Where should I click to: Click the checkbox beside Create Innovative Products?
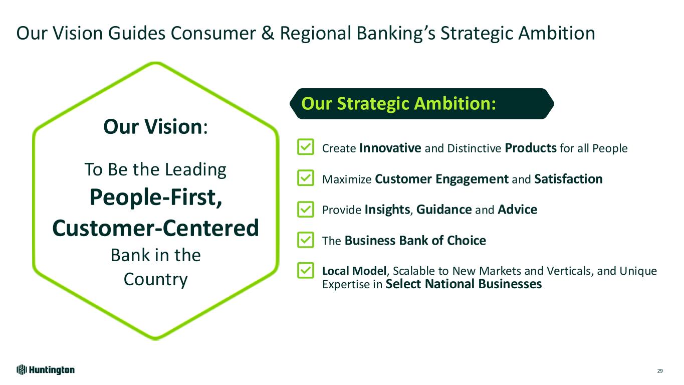tap(305, 147)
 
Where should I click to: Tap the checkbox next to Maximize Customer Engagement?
tap(305, 178)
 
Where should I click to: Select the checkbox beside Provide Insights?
tap(305, 210)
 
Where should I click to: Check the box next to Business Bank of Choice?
tap(305, 240)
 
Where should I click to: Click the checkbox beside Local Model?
tap(305, 270)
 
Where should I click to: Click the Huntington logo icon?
tap(22, 370)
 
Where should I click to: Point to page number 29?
tap(660, 371)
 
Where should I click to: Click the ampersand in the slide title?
tap(268, 33)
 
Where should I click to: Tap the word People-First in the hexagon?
tap(156, 198)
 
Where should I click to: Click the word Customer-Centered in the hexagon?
tap(156, 228)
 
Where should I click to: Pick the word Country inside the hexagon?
tap(156, 280)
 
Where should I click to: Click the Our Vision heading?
tap(156, 126)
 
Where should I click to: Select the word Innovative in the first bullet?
tap(390, 148)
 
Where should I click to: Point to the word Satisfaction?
tap(568, 179)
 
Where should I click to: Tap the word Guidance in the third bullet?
tap(444, 210)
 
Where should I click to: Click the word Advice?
tap(517, 210)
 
